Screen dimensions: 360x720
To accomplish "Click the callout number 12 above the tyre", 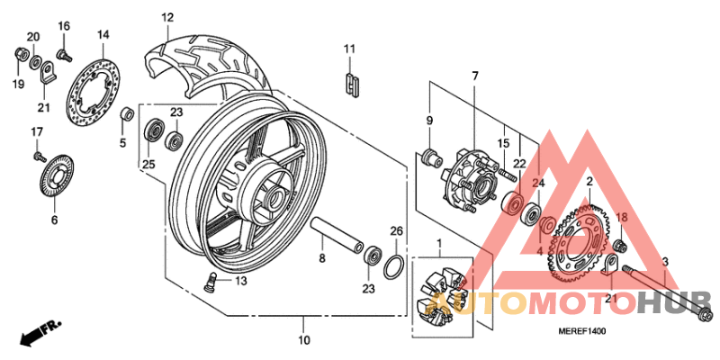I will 167,17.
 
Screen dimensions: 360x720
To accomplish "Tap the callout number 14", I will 103,35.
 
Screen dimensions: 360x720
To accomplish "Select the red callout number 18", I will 620,217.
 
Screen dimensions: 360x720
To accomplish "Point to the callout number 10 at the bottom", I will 303,340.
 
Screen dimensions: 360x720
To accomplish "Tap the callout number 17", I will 37,133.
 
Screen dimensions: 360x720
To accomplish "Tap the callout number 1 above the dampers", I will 439,244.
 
